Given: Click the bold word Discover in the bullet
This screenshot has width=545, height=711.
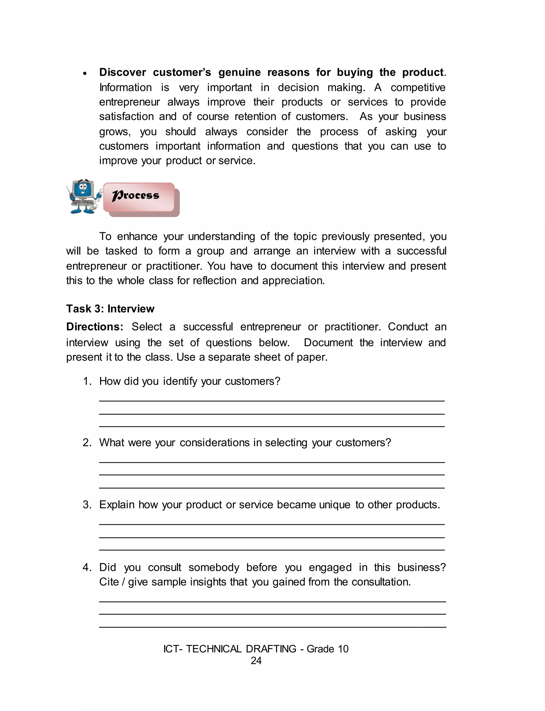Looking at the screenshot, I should click(123, 72).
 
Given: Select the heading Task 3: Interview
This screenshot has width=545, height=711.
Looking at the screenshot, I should click(110, 309).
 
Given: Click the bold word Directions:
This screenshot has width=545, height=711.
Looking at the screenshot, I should click(95, 327).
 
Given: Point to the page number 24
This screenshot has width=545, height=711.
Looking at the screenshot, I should click(256, 661).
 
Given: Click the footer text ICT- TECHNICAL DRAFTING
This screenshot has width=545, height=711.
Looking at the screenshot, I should click(230, 649).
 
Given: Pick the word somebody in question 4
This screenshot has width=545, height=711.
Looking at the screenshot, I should click(214, 567).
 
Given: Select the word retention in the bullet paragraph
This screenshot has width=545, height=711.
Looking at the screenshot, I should click(255, 117).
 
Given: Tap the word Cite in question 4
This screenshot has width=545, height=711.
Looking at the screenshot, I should click(109, 582).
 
